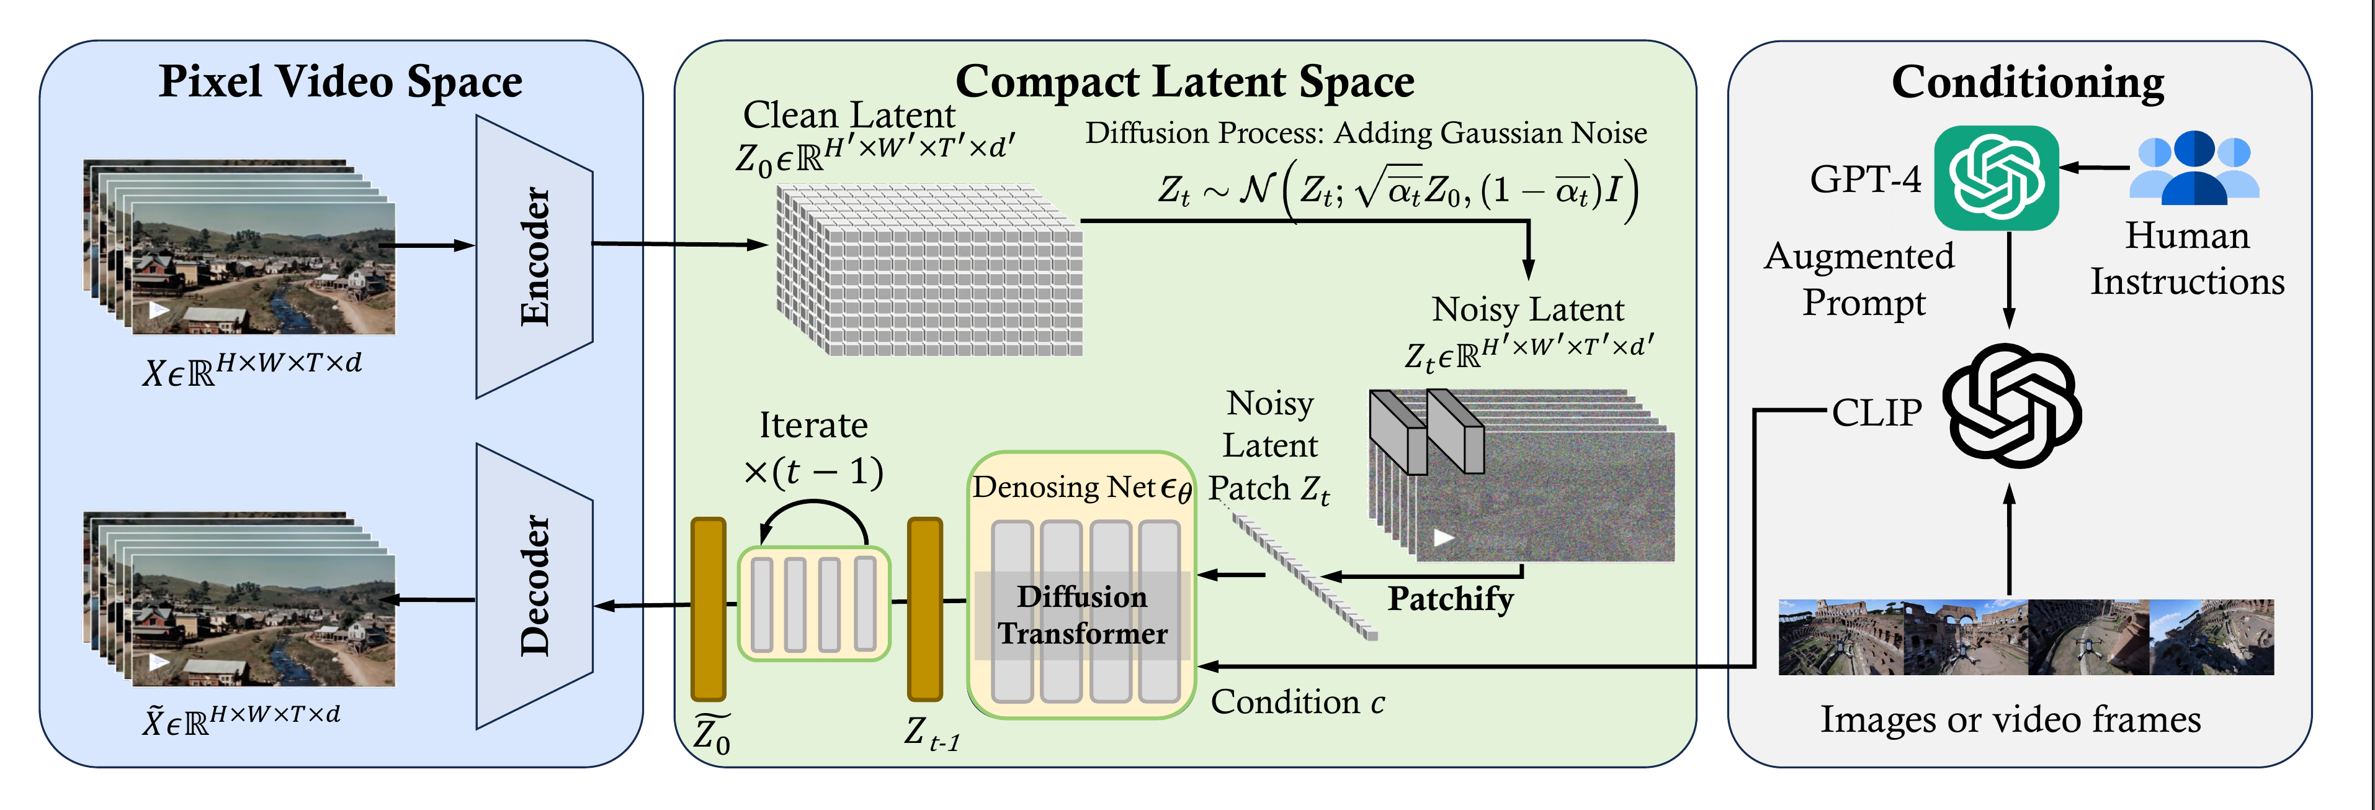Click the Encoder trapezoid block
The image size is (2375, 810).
point(534,257)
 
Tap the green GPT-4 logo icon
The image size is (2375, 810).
point(1995,178)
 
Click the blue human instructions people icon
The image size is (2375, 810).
point(2194,168)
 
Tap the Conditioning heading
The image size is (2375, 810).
point(2028,81)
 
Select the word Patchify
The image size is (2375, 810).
point(1451,599)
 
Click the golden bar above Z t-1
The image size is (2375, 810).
point(924,609)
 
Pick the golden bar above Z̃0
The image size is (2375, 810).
point(708,609)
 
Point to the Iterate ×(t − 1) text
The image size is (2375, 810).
point(813,448)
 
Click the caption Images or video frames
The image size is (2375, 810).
point(2010,719)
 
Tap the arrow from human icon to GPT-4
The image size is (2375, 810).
point(2094,168)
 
